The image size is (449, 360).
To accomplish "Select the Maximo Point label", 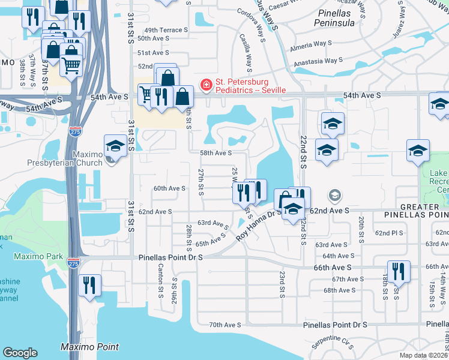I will click(89, 347).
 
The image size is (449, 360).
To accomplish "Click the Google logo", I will click(20, 353).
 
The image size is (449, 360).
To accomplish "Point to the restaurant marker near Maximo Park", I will click(89, 284).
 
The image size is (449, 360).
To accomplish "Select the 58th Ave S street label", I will click(215, 153).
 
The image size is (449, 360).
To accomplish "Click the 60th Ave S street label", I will click(169, 188).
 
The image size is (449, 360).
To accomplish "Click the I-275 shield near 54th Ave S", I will click(75, 130).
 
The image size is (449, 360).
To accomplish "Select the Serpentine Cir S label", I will click(333, 346).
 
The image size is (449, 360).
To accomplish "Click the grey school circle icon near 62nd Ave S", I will click(334, 196).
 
